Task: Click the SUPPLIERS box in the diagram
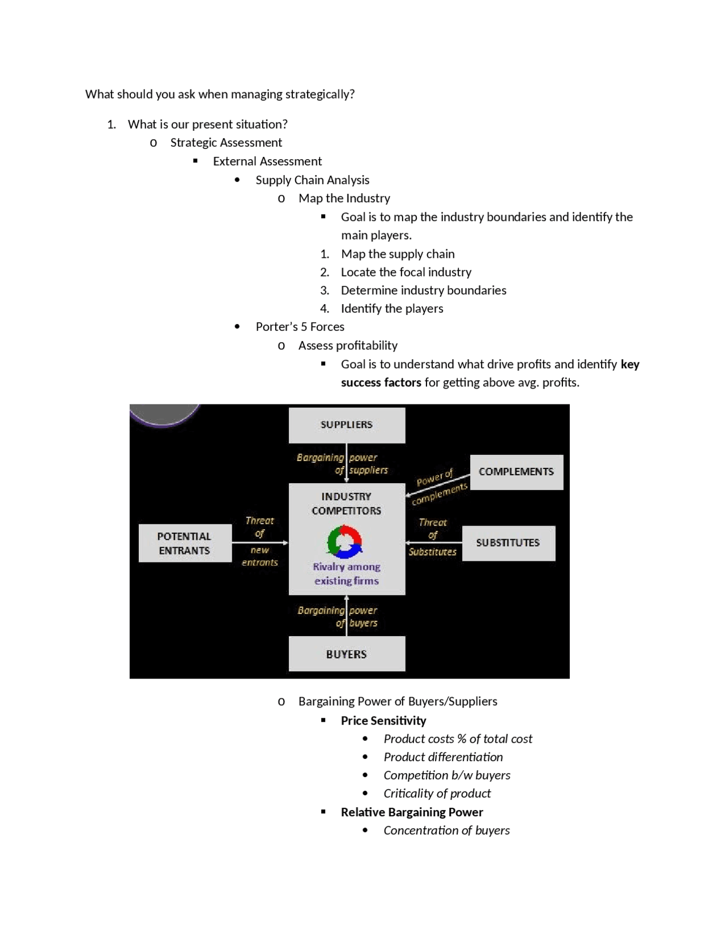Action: (347, 425)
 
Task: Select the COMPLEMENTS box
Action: (516, 472)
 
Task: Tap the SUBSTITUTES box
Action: (508, 543)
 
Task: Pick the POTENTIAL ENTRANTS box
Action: (185, 543)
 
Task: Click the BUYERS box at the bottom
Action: (347, 654)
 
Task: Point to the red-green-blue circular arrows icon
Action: (344, 542)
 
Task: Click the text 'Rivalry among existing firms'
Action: (347, 573)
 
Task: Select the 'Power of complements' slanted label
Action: (440, 487)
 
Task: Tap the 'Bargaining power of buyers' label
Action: (338, 616)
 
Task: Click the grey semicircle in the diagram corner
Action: (164, 413)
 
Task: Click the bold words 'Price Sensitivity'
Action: (383, 720)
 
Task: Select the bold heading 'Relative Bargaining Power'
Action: (412, 812)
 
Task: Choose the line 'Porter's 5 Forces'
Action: (300, 326)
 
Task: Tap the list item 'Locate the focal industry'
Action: (406, 272)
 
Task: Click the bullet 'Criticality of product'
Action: (437, 793)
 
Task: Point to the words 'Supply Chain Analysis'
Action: (312, 180)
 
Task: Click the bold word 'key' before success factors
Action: (630, 364)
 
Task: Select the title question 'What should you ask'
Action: (220, 94)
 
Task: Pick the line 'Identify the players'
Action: (392, 308)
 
